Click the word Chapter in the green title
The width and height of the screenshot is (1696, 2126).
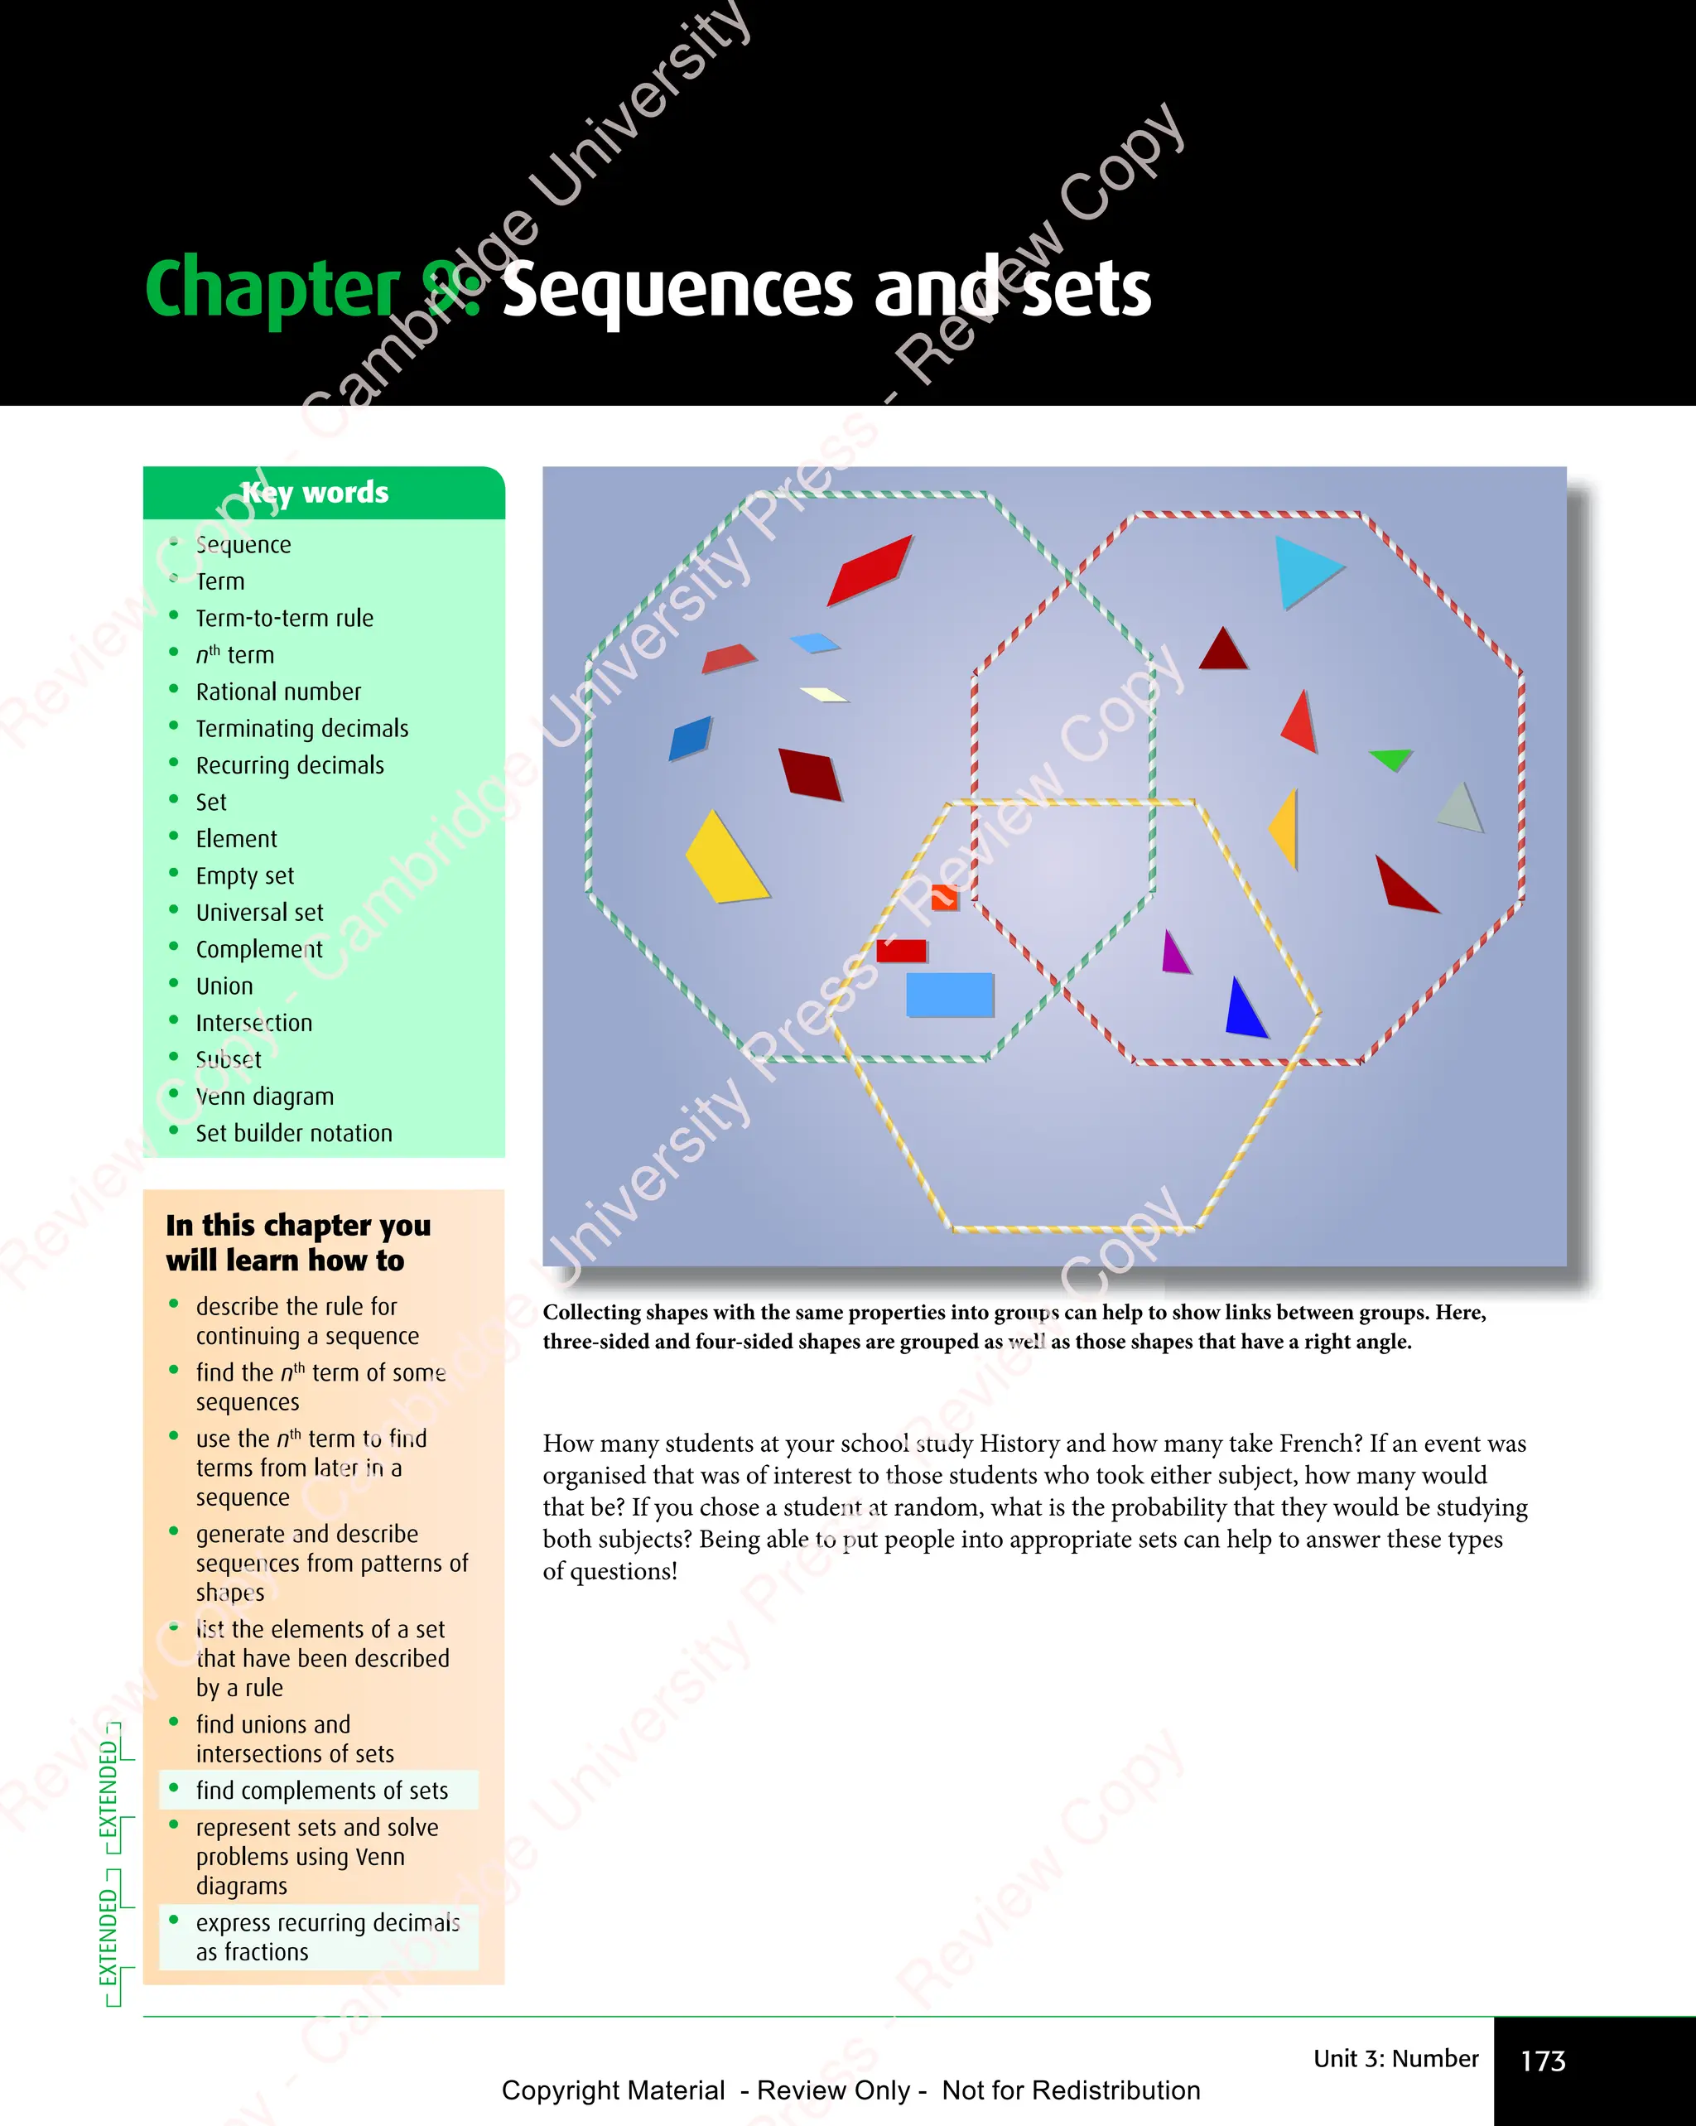pos(271,288)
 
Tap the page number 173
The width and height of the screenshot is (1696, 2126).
pos(1542,2060)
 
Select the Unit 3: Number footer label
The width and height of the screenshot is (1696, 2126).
pos(1395,2058)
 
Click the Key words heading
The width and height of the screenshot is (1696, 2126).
pos(316,492)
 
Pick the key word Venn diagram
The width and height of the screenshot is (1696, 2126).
pos(264,1097)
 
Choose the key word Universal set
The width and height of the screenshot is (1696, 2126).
pos(259,912)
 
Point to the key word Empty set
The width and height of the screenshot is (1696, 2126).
pos(244,875)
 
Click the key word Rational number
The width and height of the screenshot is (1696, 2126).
pos(278,692)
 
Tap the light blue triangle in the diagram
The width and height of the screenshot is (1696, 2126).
pos(1303,570)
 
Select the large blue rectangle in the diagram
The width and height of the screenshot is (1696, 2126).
pos(948,994)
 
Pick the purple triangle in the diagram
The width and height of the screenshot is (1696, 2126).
pos(1174,953)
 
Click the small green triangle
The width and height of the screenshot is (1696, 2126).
pos(1391,759)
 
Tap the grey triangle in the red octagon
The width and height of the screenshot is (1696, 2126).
pos(1460,808)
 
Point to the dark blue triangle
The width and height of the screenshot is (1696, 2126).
pos(1245,1010)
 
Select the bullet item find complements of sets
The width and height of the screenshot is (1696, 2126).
pos(321,1790)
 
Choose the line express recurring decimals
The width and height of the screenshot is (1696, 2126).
pos(327,1922)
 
